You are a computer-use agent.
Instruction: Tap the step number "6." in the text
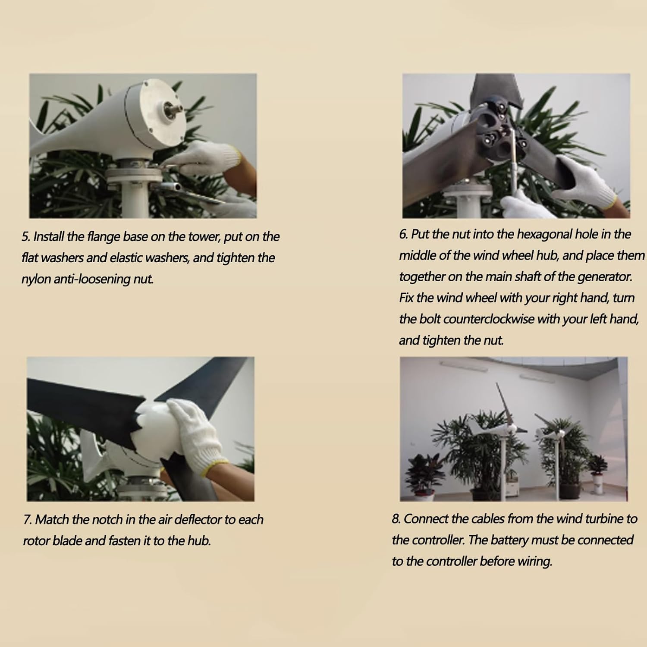pos(403,234)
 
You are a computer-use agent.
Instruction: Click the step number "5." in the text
pos(26,237)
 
